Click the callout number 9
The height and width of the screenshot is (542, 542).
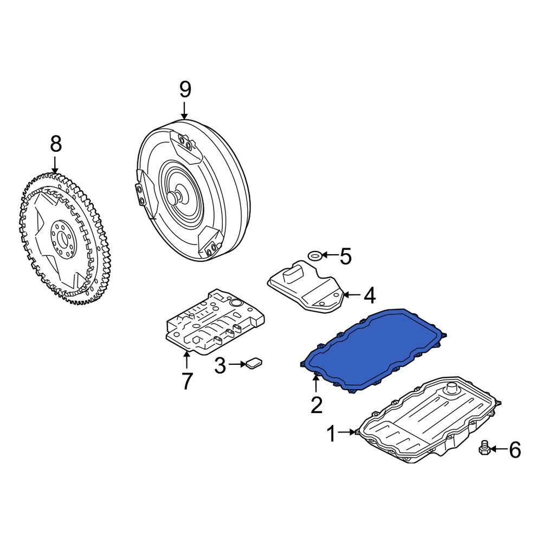coord(185,89)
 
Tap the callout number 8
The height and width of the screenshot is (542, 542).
coord(56,144)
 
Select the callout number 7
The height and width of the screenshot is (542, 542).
coord(186,381)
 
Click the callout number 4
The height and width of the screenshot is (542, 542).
coord(369,295)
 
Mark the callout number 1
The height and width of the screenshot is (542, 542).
coord(331,433)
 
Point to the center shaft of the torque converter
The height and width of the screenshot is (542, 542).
coord(175,198)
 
